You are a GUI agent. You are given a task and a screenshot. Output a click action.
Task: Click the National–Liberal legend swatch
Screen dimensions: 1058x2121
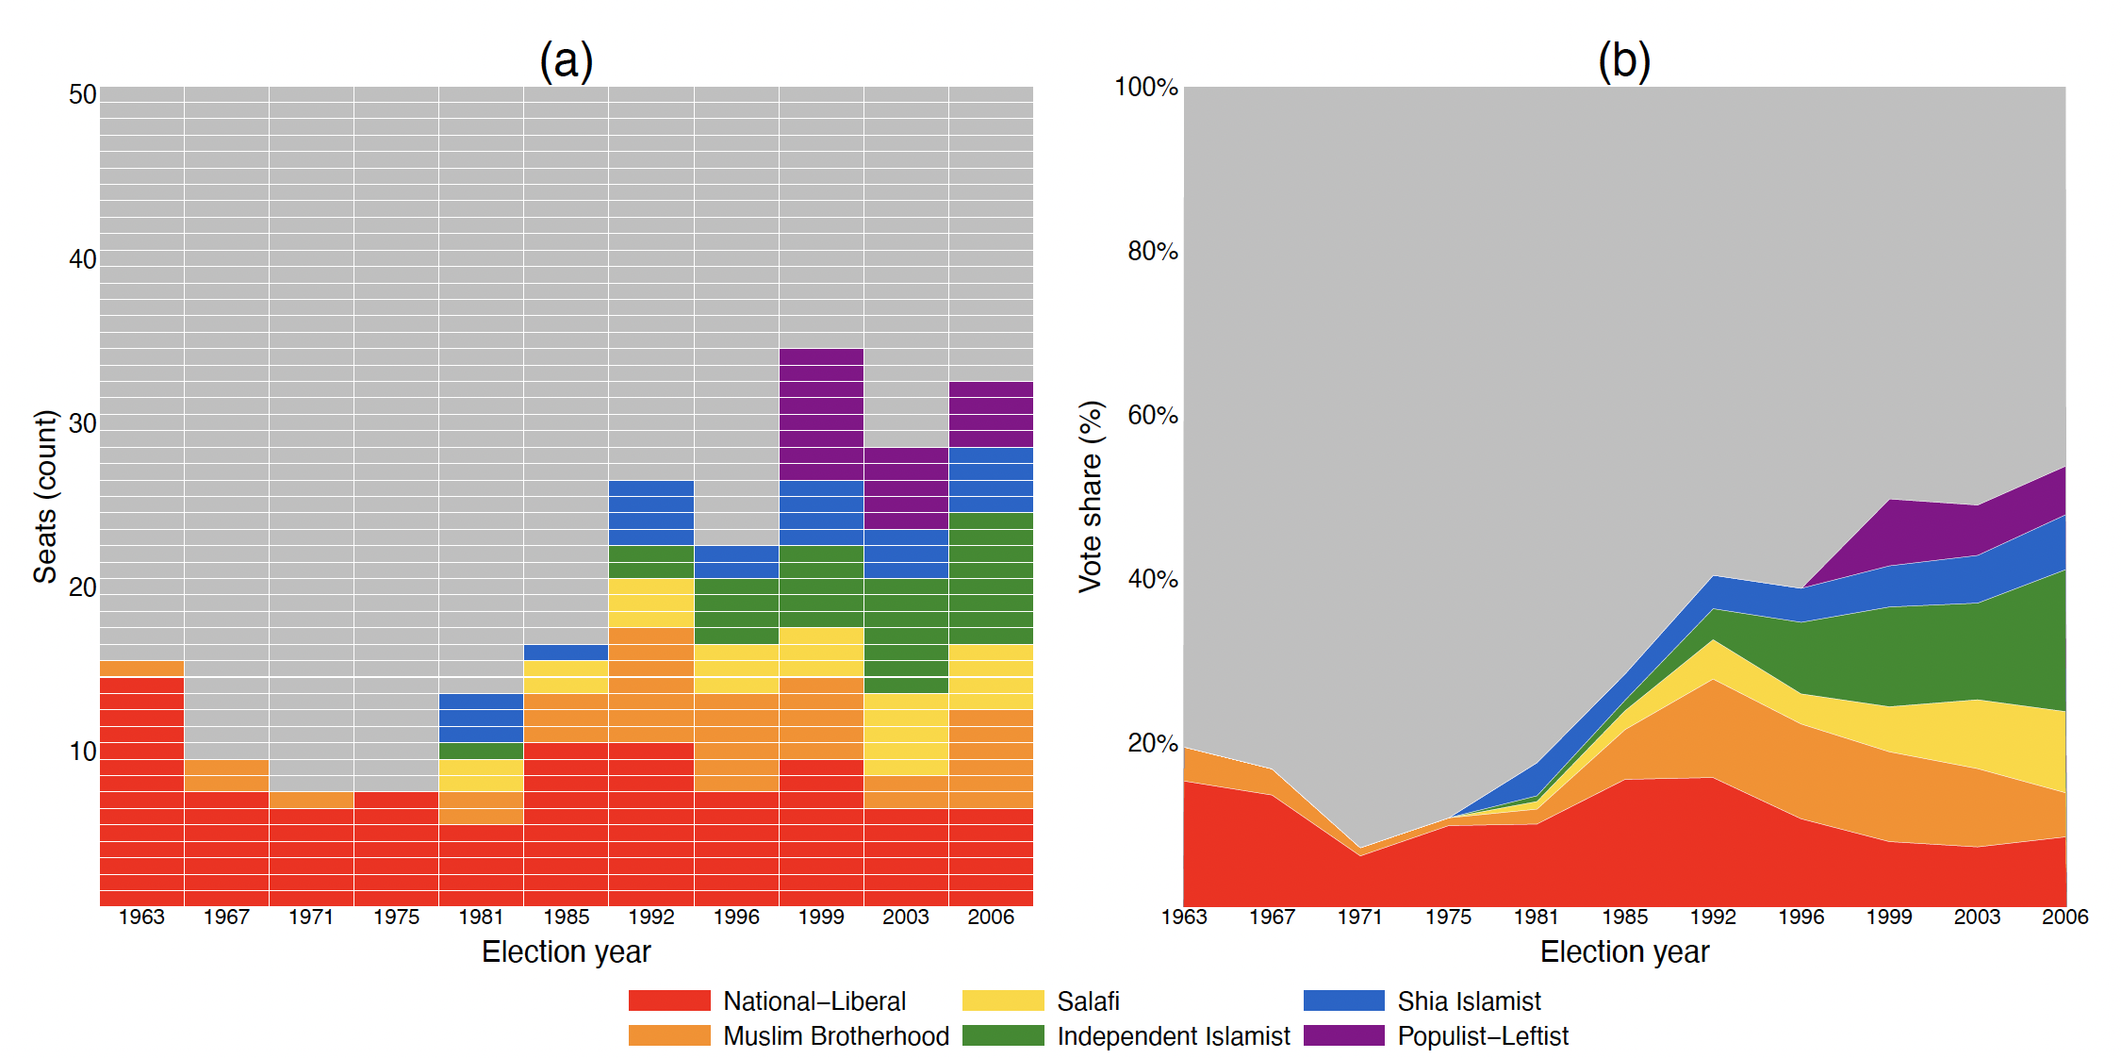669,1000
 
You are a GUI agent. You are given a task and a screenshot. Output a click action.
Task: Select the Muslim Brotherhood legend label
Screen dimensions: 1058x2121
836,1036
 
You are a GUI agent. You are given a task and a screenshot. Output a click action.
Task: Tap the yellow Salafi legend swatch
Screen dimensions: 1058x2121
1003,1000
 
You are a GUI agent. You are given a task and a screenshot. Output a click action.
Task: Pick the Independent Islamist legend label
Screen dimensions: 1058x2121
1174,1036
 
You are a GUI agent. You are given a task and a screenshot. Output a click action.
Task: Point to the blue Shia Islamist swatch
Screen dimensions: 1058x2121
1344,1000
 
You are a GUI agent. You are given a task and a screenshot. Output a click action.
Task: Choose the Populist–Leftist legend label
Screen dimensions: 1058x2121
1483,1036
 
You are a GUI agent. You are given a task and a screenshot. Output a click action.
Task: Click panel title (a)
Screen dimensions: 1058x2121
567,61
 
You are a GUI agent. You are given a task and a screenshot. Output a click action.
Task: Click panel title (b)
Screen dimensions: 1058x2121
1624,61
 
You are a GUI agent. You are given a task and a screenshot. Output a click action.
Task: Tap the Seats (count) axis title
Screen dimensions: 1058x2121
45,496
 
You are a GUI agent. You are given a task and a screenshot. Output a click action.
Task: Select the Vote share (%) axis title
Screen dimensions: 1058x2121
1091,496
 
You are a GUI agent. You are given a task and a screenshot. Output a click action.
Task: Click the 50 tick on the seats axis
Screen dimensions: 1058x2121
83,94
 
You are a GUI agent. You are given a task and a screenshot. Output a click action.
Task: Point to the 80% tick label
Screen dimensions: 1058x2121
1153,251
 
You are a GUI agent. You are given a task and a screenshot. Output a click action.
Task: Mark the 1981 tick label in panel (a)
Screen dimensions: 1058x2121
481,917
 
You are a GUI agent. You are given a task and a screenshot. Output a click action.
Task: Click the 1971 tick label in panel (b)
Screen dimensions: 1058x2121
1360,917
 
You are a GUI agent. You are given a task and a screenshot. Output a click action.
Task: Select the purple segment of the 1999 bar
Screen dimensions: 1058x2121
821,414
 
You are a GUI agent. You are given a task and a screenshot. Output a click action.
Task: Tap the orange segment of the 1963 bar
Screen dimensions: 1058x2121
141,669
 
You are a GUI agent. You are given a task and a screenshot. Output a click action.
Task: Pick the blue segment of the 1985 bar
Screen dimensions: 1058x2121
566,653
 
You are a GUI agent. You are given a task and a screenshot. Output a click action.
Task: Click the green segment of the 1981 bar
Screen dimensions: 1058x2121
481,751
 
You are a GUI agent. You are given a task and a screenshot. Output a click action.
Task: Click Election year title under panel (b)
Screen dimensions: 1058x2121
1624,952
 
